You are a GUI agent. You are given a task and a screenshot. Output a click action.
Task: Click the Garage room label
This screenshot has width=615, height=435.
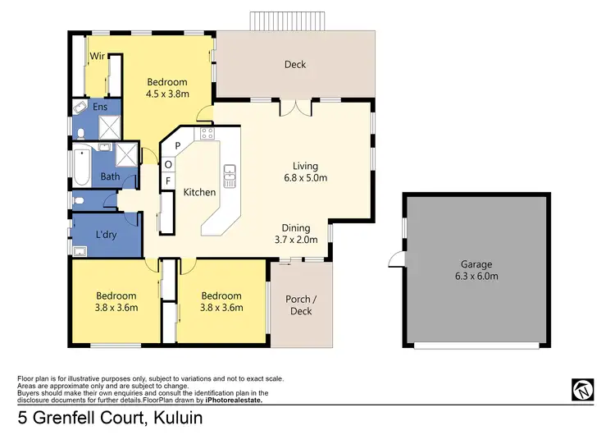coord(476,270)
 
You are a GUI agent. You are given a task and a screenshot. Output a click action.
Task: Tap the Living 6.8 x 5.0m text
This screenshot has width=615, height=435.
coord(300,172)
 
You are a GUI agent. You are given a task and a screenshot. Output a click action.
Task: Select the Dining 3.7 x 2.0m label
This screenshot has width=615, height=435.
coord(295,234)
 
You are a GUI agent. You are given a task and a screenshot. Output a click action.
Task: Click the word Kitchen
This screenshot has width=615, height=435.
coord(199,192)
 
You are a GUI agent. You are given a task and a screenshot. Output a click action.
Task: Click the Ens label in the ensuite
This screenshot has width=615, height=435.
coord(99,108)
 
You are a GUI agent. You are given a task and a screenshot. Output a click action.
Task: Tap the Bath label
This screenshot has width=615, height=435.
coord(110,176)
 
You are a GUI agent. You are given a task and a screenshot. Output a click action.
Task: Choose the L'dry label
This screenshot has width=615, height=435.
coord(105,235)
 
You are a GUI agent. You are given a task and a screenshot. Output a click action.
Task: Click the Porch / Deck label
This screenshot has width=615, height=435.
coord(299,304)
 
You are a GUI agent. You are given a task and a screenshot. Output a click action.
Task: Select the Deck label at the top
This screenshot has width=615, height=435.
coord(295,65)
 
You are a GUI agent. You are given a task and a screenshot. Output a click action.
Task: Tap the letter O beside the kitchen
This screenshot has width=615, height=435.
coord(169,163)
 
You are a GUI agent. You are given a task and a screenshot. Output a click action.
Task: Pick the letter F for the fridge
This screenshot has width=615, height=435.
coord(169,181)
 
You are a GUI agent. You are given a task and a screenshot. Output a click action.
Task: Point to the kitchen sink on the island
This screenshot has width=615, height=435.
coord(230,174)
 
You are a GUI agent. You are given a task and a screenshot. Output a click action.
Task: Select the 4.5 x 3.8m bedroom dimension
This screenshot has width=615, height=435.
coord(167,94)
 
